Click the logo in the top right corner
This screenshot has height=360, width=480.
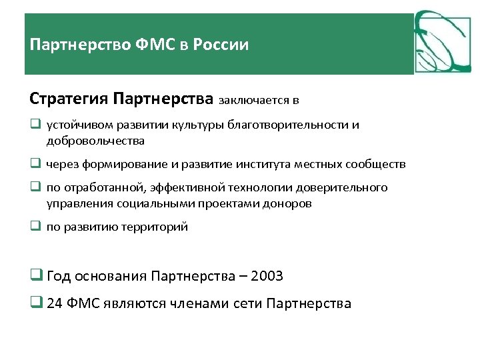point(442,42)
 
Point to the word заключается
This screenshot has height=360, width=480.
point(254,101)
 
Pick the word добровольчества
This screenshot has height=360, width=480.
point(95,141)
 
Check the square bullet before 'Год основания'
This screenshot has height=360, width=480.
point(35,275)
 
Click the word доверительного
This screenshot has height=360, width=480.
point(346,188)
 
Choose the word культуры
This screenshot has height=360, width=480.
point(197,125)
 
